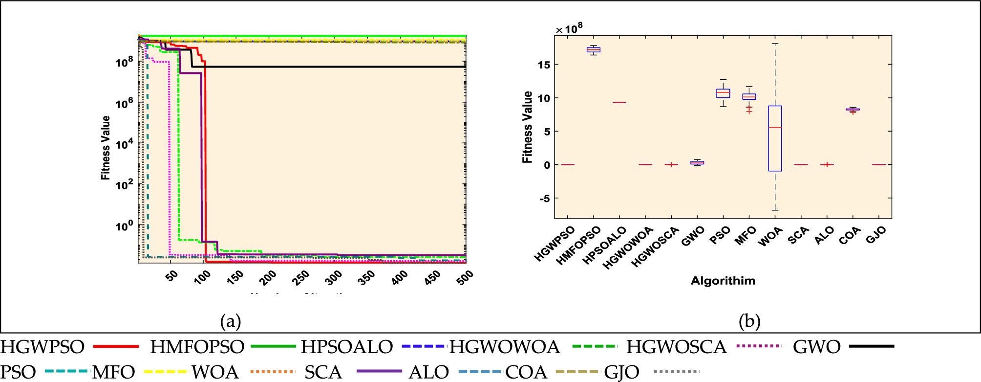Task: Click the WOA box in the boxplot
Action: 775,138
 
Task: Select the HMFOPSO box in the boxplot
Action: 593,50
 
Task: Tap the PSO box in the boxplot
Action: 723,93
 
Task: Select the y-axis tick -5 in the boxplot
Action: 545,199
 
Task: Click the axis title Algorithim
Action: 723,281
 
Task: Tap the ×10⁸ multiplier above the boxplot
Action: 569,29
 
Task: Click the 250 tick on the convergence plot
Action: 300,277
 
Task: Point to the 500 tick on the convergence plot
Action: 465,277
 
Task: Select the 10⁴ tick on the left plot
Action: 124,144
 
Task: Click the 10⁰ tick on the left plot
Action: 124,226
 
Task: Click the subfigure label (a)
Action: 231,321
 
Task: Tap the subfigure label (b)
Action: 749,321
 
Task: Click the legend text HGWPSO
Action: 43,347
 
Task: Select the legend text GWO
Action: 816,347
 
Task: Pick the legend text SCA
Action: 323,372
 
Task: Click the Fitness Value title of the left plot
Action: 106,148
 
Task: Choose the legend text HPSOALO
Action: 346,347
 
